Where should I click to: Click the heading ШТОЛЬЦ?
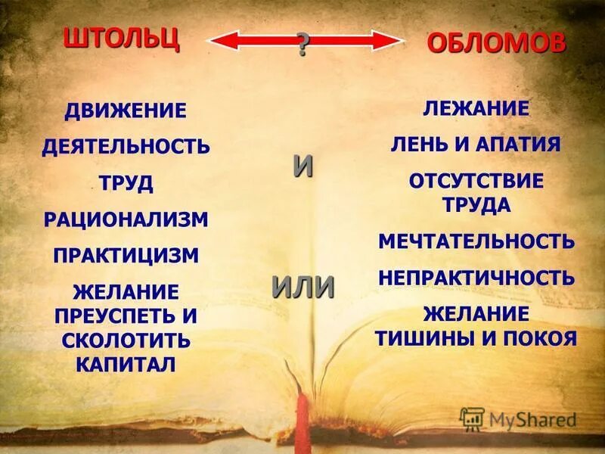[x=121, y=37]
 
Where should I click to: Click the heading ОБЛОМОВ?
[x=496, y=43]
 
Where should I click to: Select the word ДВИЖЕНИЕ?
[x=125, y=110]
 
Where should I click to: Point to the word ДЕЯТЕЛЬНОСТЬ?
[x=126, y=146]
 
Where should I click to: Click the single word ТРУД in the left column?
[x=126, y=182]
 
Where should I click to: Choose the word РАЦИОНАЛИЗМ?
[x=126, y=219]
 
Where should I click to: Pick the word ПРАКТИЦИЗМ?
[x=126, y=255]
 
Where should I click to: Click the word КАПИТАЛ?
[x=126, y=364]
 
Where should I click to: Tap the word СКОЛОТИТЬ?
[x=126, y=340]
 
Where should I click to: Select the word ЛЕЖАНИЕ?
[x=476, y=108]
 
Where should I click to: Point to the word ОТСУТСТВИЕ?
[x=476, y=182]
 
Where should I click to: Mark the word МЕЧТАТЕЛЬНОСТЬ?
[x=476, y=241]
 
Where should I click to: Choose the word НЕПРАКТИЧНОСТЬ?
[x=476, y=278]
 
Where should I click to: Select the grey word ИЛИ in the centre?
[x=302, y=287]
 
